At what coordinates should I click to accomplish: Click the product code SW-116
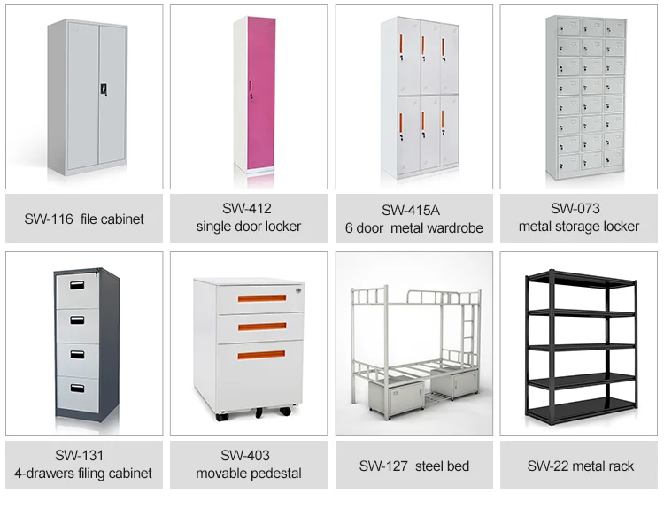coord(48,219)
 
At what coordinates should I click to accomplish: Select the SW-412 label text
coord(249,209)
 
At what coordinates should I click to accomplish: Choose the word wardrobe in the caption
coord(453,227)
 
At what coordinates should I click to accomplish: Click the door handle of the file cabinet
coord(103,89)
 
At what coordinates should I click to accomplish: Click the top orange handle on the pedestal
coord(261,298)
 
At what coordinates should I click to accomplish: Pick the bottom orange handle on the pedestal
coord(261,356)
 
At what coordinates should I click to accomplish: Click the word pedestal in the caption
coord(274,474)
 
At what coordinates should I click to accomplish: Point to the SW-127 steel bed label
coord(413,466)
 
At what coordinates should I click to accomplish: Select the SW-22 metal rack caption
coord(581,466)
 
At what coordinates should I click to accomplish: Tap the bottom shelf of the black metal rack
coord(581,409)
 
